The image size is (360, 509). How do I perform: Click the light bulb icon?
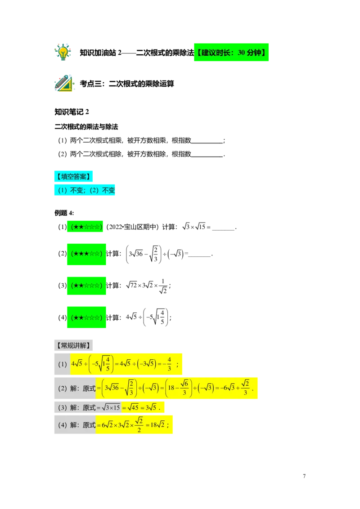(x=63, y=52)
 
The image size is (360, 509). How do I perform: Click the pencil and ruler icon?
(x=64, y=83)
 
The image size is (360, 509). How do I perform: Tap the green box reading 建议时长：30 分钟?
(x=231, y=52)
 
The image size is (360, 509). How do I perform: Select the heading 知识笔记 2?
(x=72, y=112)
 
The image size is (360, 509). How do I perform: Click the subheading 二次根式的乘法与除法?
(x=86, y=127)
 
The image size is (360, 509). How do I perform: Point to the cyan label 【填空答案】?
(x=73, y=176)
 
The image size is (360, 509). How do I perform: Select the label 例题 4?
(x=64, y=213)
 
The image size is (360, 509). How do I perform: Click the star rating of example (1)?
(x=86, y=227)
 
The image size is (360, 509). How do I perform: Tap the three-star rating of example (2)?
(x=86, y=254)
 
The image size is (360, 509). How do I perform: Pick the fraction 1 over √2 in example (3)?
(x=163, y=286)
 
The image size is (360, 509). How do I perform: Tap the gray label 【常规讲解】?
(x=73, y=345)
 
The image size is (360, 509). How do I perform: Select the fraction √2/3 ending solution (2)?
(x=246, y=388)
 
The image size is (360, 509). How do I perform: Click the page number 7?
(x=305, y=476)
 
